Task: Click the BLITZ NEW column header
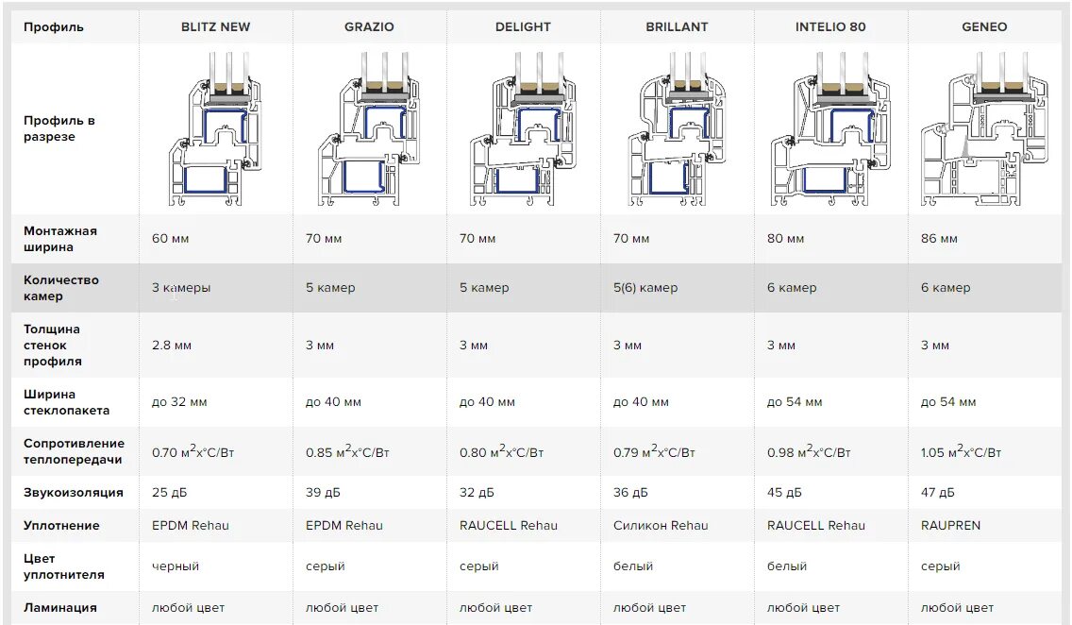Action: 215,26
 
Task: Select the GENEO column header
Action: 984,26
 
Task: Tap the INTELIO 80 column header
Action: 830,26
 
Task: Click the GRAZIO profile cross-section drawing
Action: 368,128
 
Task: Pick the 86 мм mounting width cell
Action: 939,239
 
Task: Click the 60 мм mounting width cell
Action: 171,239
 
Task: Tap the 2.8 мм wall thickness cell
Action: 172,346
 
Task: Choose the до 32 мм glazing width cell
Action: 179,402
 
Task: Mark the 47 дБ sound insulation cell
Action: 938,493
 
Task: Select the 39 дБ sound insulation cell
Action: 323,493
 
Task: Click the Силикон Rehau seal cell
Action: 661,526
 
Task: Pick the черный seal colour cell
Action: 176,566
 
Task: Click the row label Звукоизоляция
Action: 74,493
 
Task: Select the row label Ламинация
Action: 60,608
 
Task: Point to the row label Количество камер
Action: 61,288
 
